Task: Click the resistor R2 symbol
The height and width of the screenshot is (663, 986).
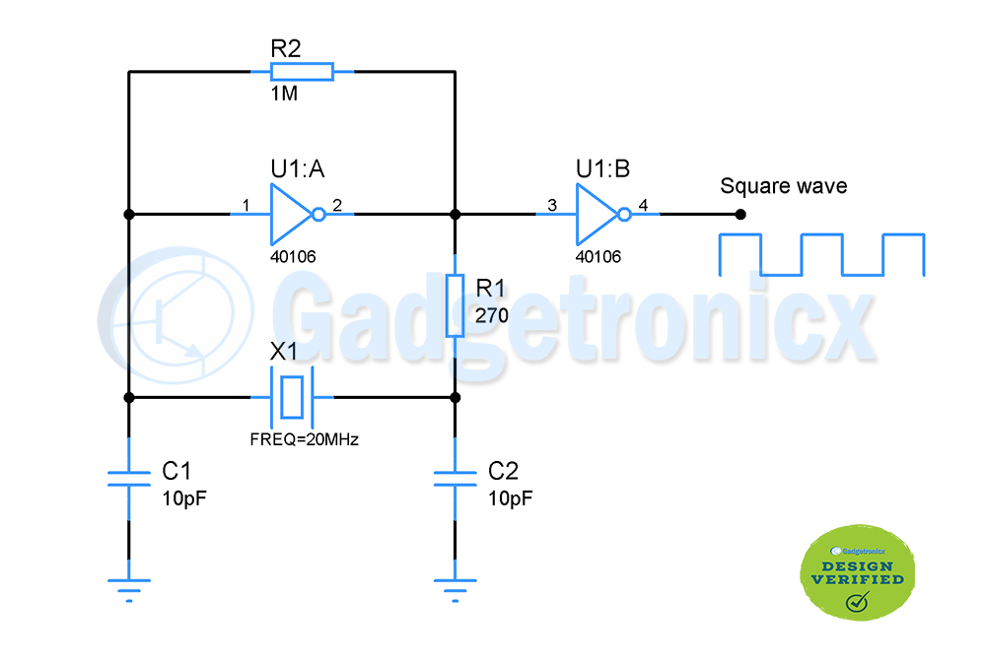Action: point(302,71)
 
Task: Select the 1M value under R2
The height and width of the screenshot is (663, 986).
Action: point(284,96)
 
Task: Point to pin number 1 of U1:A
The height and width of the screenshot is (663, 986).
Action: point(244,205)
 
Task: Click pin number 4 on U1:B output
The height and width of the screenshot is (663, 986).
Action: point(643,205)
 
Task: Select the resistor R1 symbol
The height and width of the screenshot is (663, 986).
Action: point(455,306)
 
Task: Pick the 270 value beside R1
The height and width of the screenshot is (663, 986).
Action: point(491,316)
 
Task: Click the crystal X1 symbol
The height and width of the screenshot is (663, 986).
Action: point(292,397)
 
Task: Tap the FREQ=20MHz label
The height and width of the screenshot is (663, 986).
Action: point(304,439)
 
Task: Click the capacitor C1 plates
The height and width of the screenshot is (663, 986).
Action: point(128,478)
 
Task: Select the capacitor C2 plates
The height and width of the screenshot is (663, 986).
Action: point(455,478)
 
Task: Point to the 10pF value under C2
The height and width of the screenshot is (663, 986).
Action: point(511,498)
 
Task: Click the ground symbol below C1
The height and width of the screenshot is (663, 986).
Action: point(128,588)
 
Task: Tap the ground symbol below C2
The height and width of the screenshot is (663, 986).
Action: point(455,588)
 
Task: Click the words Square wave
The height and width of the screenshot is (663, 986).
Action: point(783,186)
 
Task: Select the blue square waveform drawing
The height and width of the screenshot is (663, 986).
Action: point(821,254)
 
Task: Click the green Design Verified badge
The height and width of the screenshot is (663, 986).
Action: point(856,574)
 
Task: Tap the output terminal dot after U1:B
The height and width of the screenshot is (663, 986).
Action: point(740,214)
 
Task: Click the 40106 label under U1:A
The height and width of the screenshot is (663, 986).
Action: point(294,256)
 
